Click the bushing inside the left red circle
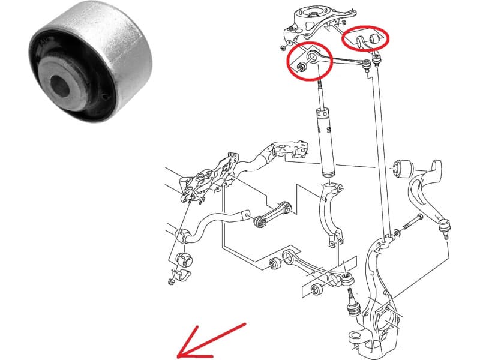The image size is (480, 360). click(302, 67)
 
